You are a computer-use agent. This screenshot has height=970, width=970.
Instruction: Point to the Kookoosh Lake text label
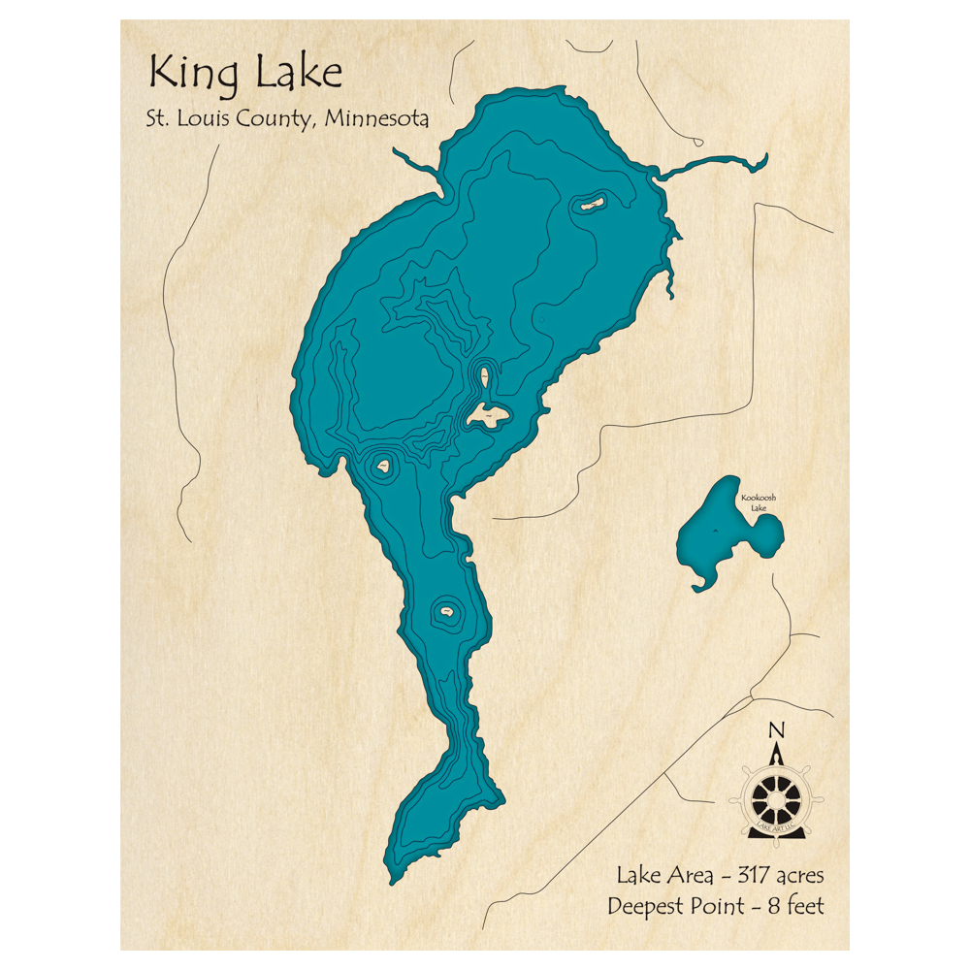coord(758,503)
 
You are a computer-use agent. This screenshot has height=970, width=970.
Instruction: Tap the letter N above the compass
coord(775,729)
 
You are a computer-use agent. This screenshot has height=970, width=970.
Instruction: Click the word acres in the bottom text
coord(797,875)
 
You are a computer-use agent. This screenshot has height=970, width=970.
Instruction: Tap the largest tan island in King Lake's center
coord(487,416)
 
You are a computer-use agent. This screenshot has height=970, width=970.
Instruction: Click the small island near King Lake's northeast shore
coord(590,204)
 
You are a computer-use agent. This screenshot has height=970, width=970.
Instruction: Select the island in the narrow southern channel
coord(447,612)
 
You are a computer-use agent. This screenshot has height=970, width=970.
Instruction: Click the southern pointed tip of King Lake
coord(394,879)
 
